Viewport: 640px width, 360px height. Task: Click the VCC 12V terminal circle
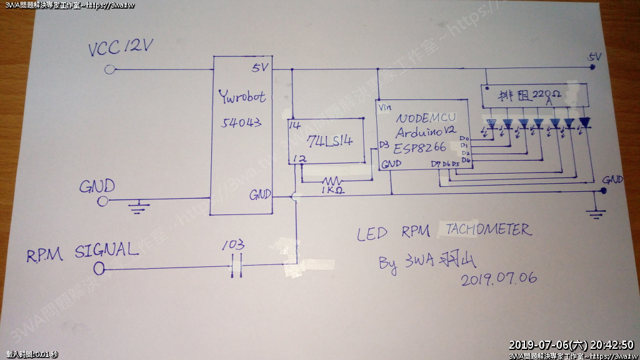[110, 69]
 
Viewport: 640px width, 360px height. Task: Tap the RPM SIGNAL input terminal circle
[99, 269]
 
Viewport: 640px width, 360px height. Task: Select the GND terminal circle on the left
[104, 200]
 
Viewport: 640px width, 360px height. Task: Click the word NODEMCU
[426, 117]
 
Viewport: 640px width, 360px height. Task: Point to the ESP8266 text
[419, 148]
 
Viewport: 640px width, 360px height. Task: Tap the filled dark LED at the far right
[584, 122]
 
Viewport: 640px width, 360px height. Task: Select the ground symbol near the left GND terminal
[138, 207]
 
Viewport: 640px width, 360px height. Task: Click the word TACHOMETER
[489, 231]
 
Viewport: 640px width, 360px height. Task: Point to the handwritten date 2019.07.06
[499, 278]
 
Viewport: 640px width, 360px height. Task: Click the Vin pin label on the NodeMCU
[385, 107]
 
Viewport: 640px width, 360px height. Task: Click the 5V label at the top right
[594, 57]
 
